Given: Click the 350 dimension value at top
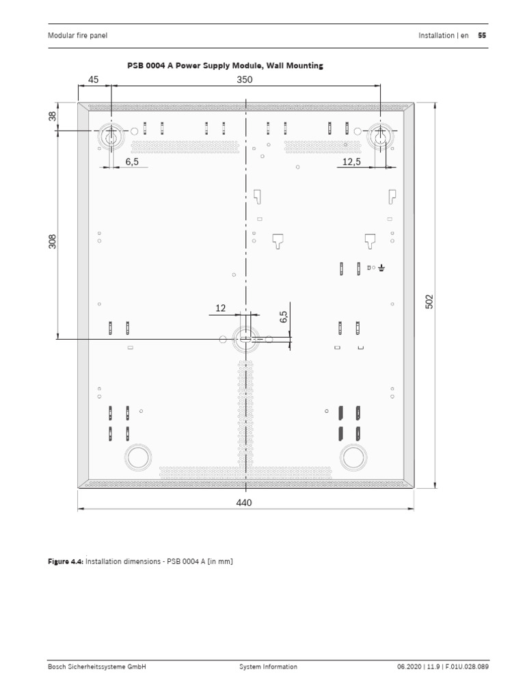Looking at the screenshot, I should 245,79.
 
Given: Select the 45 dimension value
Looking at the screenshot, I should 94,79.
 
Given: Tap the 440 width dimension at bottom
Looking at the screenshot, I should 244,502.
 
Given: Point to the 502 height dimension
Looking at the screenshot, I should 430,301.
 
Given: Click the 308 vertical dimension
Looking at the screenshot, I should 53,241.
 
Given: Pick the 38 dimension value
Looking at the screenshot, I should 53,116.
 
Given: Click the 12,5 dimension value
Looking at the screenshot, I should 351,161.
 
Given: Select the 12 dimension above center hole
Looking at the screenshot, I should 220,308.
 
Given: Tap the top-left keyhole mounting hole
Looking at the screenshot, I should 109,136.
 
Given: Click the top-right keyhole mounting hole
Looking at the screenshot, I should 380,136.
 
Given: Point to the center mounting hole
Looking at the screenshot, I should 245,338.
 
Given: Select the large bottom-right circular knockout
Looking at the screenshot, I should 354,457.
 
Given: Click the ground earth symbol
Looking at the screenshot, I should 381,268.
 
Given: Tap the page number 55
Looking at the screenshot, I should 482,36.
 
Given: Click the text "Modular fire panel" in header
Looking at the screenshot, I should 77,36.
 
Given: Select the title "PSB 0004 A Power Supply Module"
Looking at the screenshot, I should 225,66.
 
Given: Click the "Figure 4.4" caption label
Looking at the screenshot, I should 65,561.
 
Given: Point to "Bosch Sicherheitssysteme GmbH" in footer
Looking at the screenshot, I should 96,667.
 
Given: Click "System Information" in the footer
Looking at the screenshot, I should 268,667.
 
